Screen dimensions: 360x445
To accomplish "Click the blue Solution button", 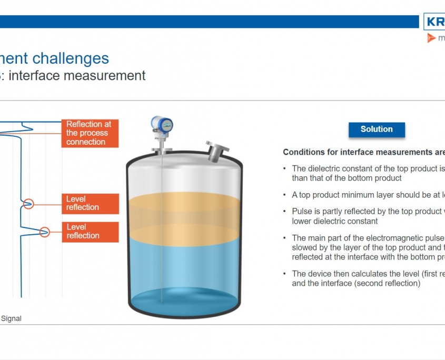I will point(377,129).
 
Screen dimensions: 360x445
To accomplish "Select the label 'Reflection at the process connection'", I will point(89,133).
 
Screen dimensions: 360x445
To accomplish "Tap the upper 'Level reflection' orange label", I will point(89,203).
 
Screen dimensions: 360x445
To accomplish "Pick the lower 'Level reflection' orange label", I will point(89,232).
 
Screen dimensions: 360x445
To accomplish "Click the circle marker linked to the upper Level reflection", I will point(28,203).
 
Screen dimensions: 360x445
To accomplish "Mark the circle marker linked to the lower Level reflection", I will point(45,231).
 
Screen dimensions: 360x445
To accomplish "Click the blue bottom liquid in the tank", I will point(184,268).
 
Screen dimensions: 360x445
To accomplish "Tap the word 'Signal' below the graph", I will point(11,318).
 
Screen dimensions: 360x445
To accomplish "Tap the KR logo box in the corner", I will point(434,23).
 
